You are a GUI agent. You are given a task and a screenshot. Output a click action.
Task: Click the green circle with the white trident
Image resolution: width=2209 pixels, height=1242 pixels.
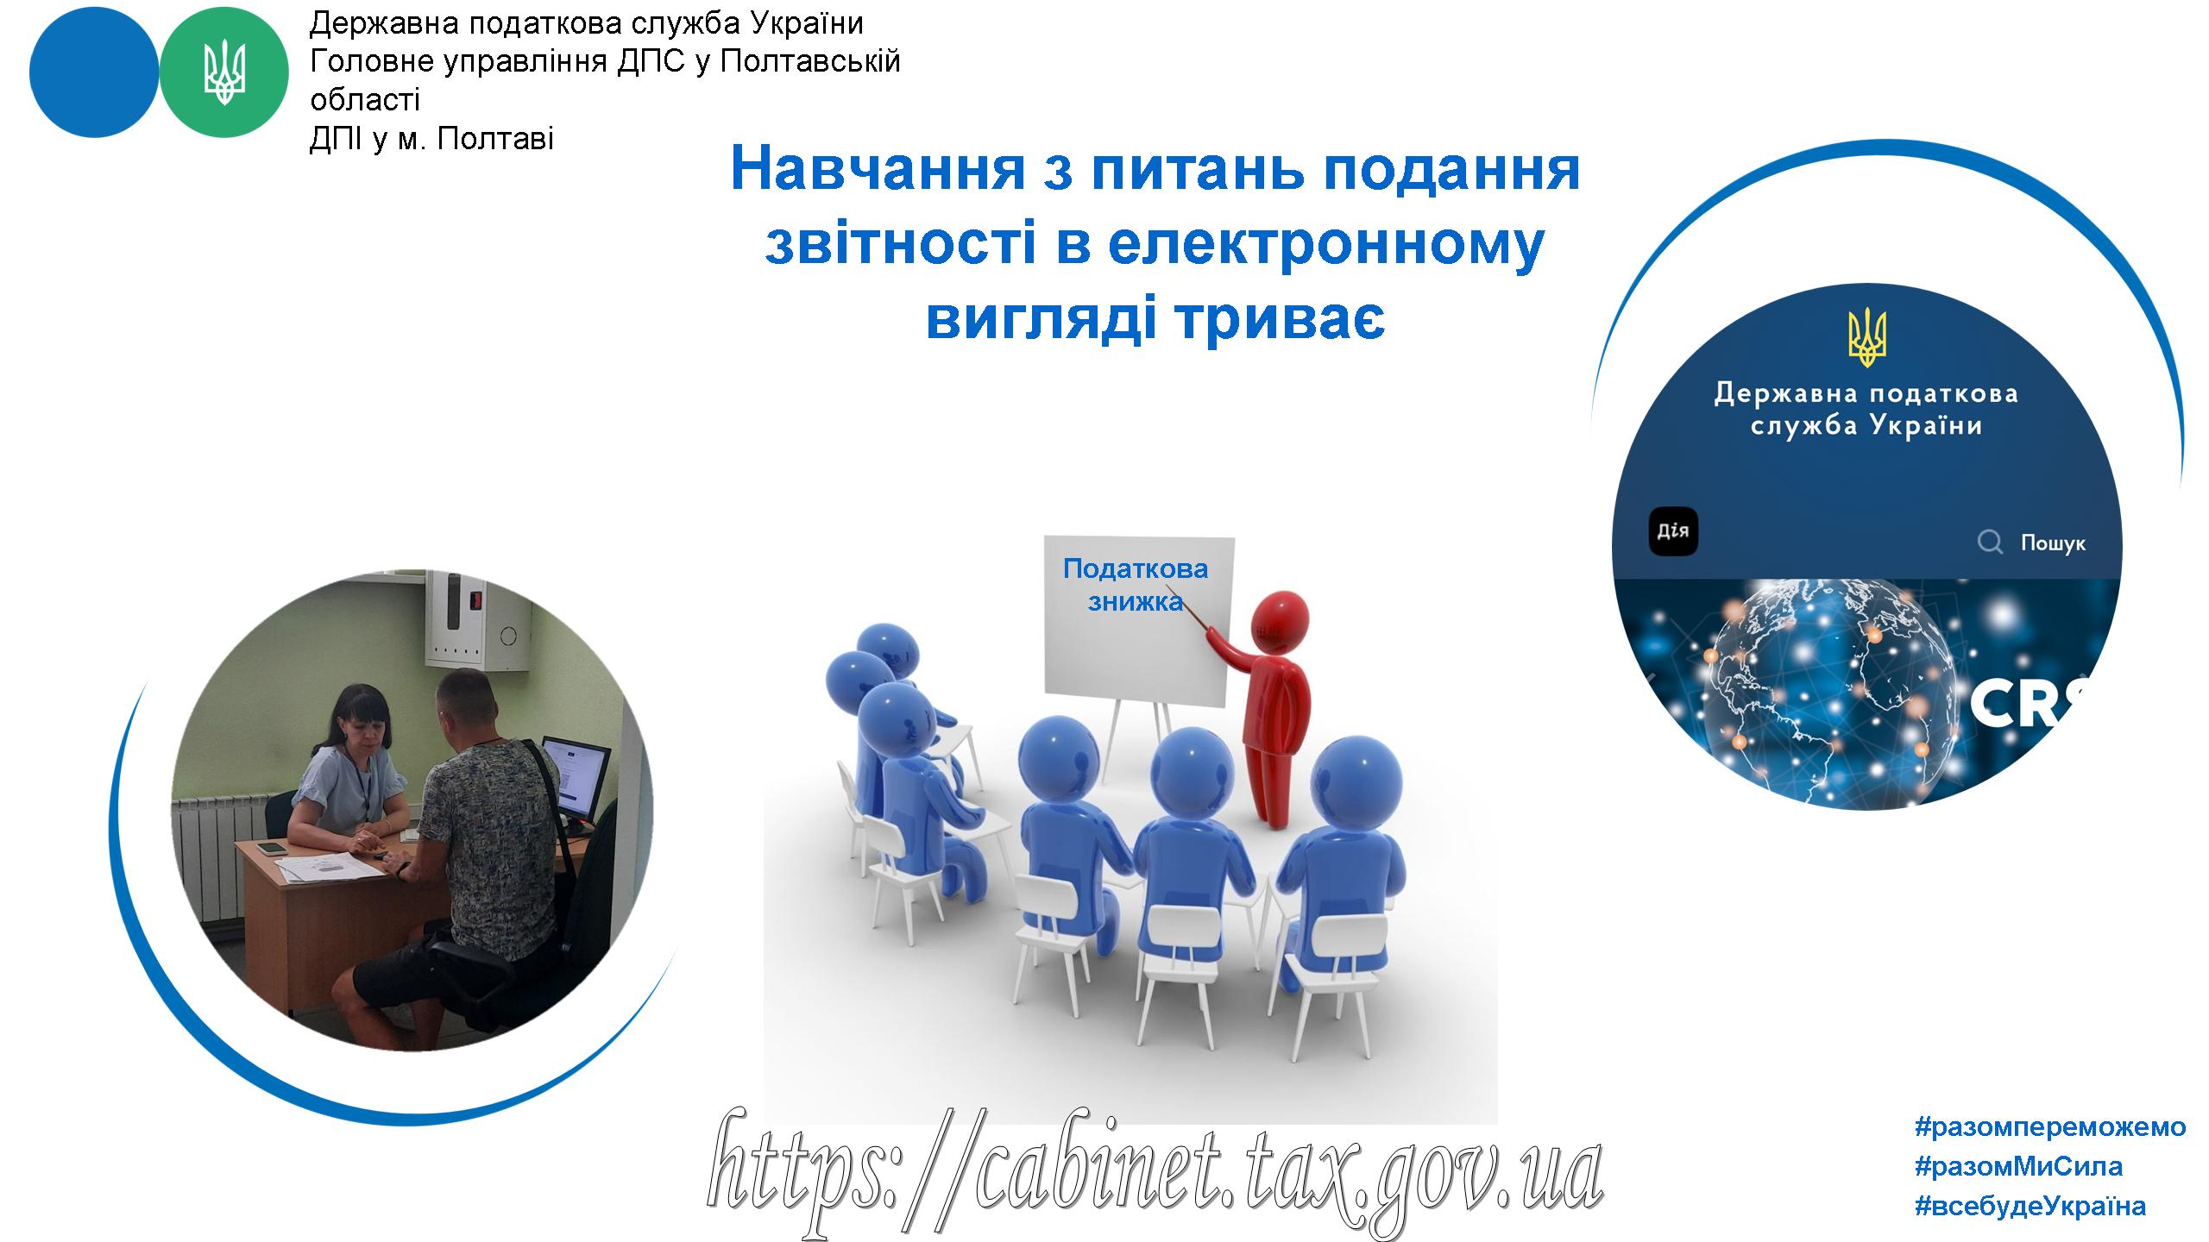[224, 72]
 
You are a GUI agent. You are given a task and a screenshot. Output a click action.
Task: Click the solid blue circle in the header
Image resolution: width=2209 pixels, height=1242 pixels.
[94, 72]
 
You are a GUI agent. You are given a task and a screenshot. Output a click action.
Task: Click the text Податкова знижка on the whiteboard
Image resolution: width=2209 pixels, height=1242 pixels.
[1136, 584]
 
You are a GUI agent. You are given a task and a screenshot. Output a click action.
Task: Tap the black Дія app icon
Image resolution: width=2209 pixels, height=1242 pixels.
[1673, 531]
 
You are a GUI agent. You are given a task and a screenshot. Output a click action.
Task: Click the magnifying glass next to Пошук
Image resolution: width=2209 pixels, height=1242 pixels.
[1990, 543]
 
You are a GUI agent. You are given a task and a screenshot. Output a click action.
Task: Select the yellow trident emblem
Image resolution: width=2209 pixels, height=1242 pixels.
[1866, 339]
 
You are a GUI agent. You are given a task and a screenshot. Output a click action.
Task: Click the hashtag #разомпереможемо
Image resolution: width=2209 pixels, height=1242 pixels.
[2050, 1127]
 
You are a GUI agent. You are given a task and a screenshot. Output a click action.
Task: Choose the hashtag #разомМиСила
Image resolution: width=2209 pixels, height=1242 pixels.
[2019, 1167]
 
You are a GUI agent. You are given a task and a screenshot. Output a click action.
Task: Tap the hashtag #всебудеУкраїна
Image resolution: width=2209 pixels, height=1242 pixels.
[2030, 1206]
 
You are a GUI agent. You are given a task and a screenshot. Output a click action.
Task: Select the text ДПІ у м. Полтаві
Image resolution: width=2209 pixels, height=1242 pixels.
[431, 139]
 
